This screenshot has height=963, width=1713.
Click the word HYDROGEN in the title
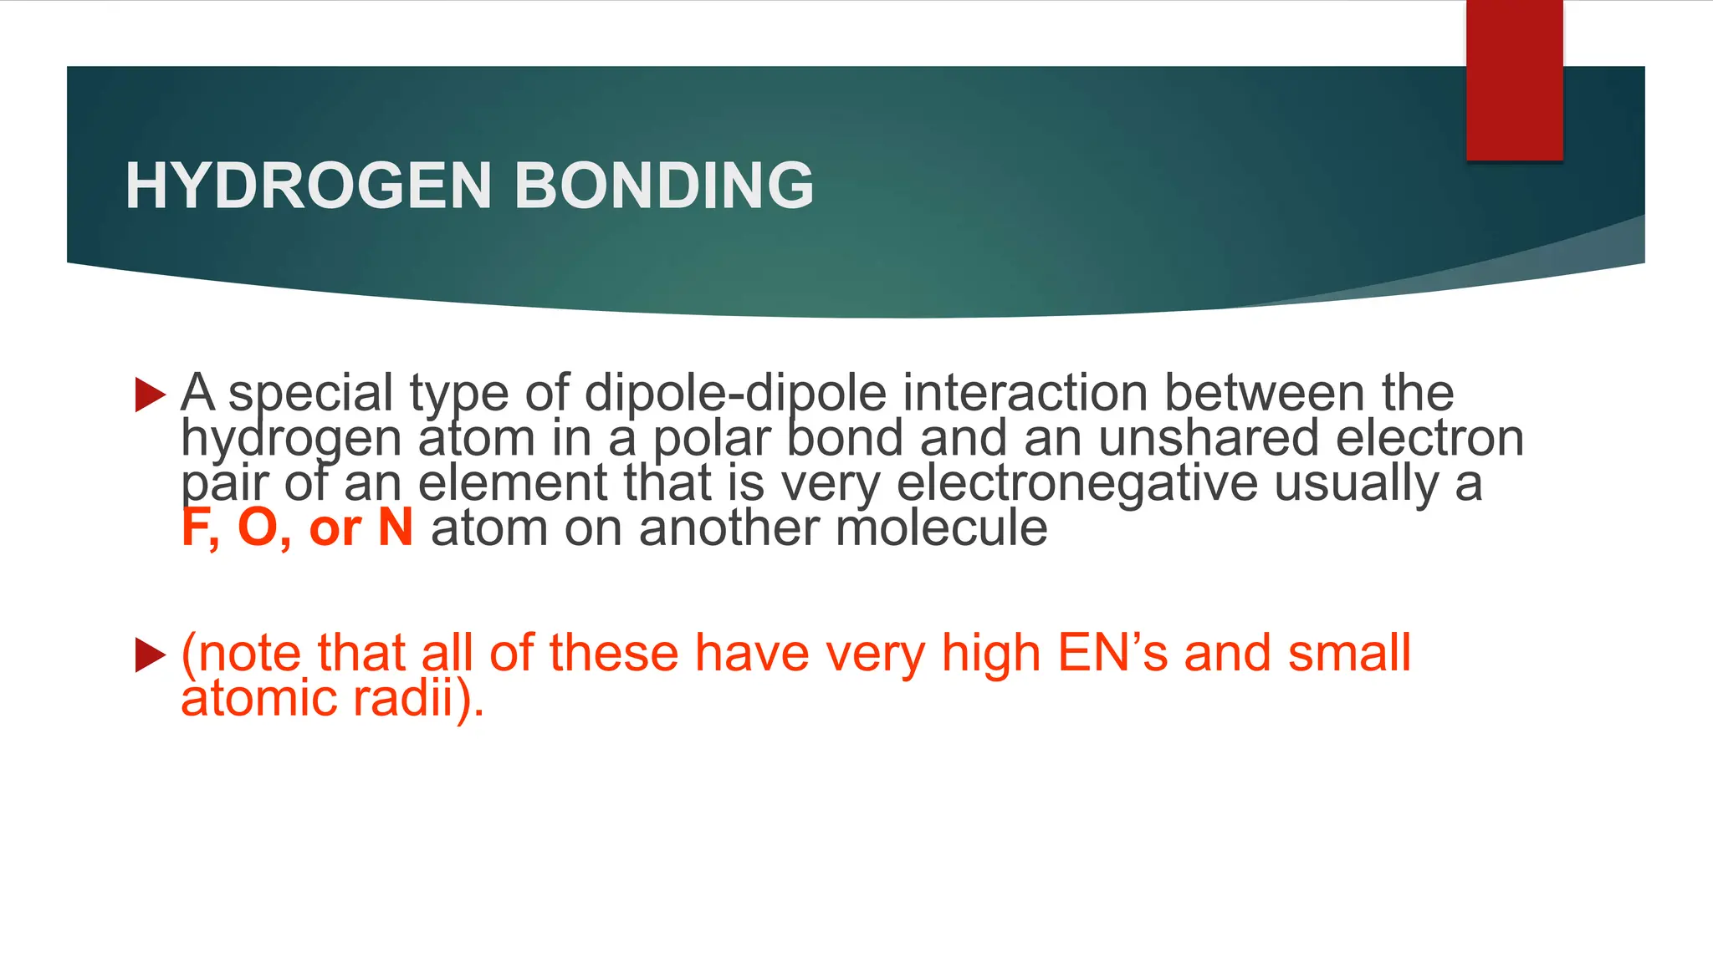tap(309, 186)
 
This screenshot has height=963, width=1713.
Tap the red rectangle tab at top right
tap(1514, 80)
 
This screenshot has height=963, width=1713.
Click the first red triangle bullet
tap(150, 395)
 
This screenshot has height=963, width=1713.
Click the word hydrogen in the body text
tap(290, 440)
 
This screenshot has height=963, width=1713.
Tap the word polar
tap(711, 440)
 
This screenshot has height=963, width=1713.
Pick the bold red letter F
tap(195, 528)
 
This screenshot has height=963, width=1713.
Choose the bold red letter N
tap(396, 528)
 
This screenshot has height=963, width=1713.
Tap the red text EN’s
tap(1112, 653)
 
